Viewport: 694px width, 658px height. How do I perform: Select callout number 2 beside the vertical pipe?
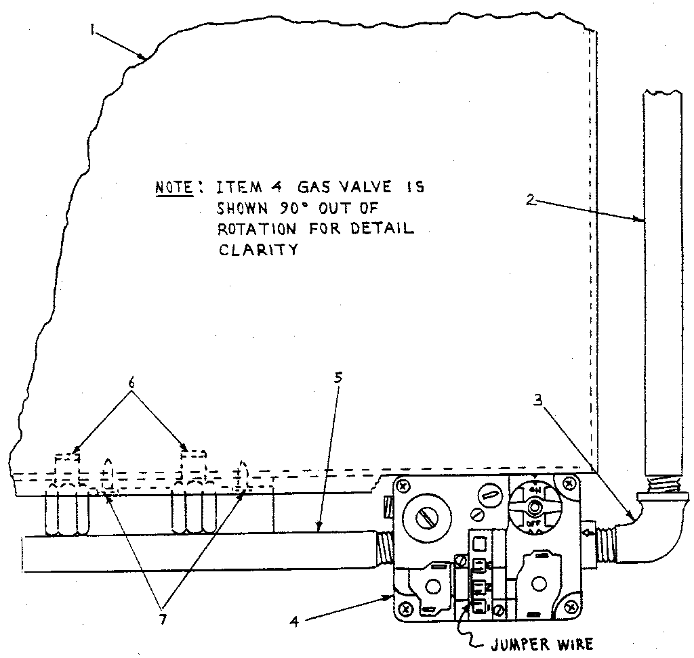pos(533,200)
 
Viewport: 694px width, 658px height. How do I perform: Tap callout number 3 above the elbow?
pos(537,400)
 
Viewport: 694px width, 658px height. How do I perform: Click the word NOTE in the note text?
pos(173,188)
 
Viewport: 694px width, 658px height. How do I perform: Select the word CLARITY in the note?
pos(258,249)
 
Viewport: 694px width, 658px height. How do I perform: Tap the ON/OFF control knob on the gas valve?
pos(535,506)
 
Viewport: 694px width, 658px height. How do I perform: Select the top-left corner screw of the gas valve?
pos(403,486)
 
